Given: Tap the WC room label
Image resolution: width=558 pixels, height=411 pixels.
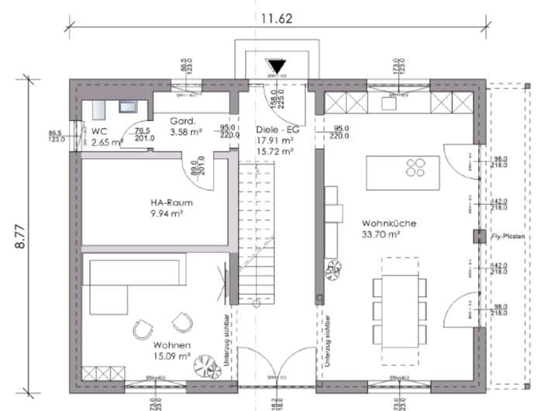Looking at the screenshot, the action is click(98, 132).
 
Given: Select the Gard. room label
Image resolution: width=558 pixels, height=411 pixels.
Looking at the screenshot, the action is click(182, 121).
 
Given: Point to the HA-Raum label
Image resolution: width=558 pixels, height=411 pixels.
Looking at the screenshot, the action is click(171, 203).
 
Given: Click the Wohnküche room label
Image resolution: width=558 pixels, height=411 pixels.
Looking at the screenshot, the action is click(388, 223).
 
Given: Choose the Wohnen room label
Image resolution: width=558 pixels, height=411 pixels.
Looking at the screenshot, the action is click(171, 345).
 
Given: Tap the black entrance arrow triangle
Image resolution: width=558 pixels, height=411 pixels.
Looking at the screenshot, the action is click(276, 67).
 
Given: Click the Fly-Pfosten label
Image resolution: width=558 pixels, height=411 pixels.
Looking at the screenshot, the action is click(508, 235).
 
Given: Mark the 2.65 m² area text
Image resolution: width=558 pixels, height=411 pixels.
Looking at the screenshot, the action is click(107, 143).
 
